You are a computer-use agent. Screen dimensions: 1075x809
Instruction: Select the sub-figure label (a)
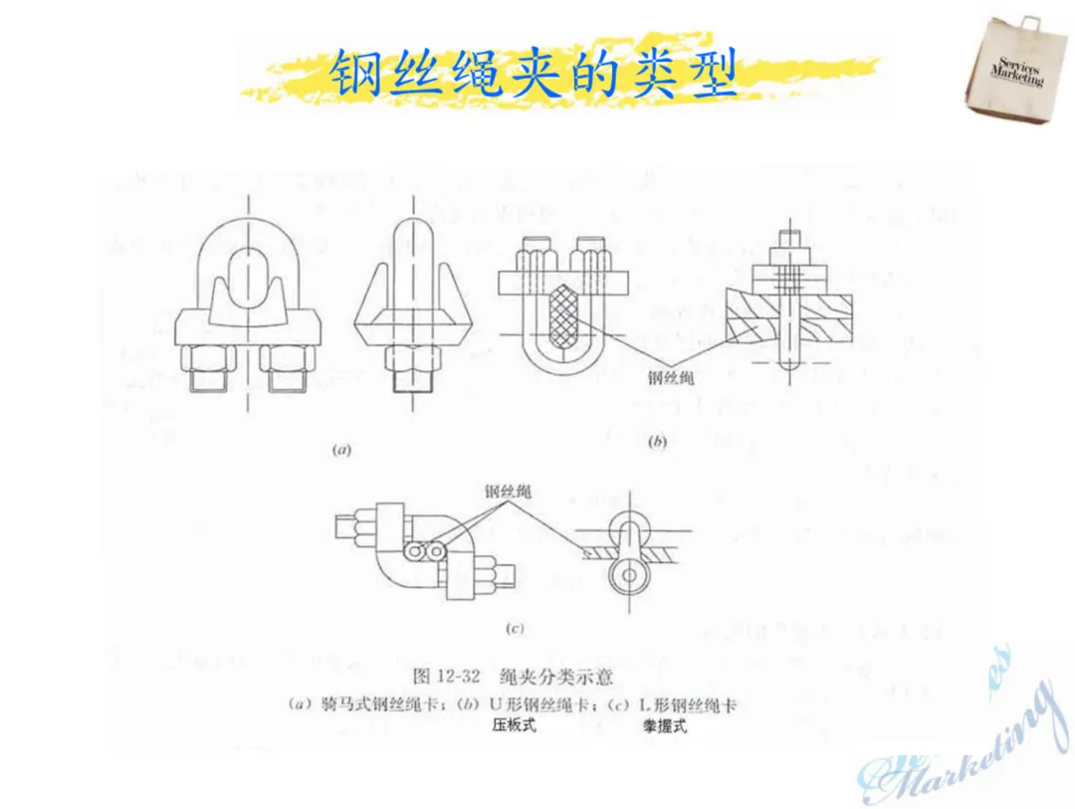[x=341, y=450]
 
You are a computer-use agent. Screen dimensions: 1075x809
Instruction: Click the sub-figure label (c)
[x=515, y=628]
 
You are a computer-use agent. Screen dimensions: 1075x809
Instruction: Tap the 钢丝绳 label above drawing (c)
[x=508, y=492]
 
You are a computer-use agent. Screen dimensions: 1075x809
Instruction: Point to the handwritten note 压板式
[x=514, y=725]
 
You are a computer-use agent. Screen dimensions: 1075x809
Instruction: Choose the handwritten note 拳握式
[x=664, y=727]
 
